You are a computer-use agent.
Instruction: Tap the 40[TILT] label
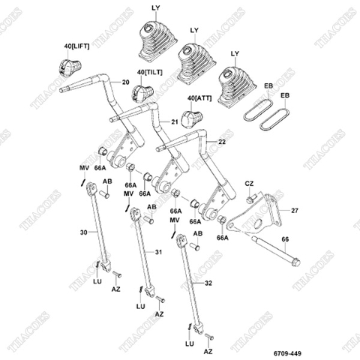[x=150, y=73]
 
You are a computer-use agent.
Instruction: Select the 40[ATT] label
[x=201, y=98]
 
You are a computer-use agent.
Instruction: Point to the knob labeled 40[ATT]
[x=195, y=117]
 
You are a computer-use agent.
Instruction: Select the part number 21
[x=175, y=120]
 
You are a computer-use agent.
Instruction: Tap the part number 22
[x=221, y=142]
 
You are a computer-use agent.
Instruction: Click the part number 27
[x=294, y=211]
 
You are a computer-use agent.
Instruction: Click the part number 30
[x=82, y=232]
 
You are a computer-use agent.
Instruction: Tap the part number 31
[x=157, y=251]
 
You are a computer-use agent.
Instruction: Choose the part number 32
[x=208, y=283]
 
